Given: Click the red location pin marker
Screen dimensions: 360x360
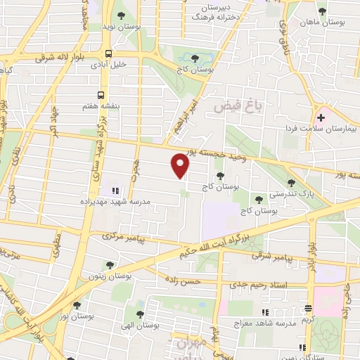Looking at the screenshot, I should click(x=181, y=166).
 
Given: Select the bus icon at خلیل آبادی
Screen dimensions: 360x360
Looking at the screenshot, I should click(x=108, y=53).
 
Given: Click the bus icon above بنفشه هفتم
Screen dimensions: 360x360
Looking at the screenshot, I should click(x=102, y=94).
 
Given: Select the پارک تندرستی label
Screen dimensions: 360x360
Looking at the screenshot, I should click(x=291, y=193).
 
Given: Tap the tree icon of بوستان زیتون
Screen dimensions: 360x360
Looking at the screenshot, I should click(x=110, y=264).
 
